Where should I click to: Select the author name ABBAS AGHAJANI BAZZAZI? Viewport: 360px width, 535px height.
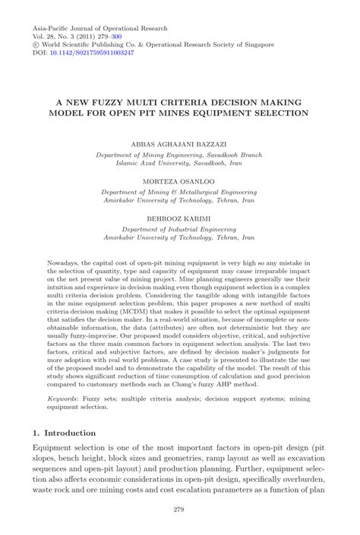tap(179, 143)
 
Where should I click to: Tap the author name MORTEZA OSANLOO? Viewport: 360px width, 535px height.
tap(179, 182)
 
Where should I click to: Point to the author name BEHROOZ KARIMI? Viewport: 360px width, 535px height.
tap(179, 220)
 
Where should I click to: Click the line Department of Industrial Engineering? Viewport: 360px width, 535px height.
tap(179, 230)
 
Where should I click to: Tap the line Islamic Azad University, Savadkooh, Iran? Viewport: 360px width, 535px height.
tap(179, 162)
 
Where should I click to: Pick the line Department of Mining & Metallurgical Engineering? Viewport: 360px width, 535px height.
tap(179, 192)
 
